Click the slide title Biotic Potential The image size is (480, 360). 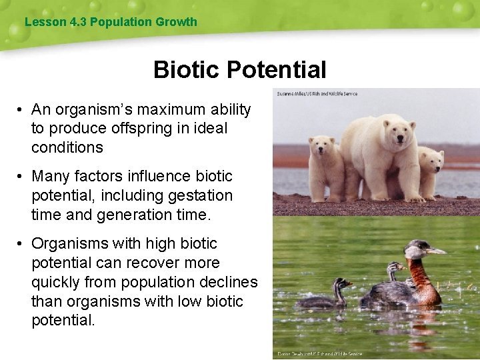tap(239, 69)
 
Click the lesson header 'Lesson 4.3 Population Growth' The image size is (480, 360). tap(111, 22)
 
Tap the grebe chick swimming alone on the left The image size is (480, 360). tap(325, 297)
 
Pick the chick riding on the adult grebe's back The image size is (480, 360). tap(395, 271)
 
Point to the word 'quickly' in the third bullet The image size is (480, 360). tap(55, 282)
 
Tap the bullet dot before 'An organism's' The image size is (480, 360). tap(22, 109)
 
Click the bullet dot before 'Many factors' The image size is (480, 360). tap(22, 177)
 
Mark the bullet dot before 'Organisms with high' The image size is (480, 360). tap(22, 244)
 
